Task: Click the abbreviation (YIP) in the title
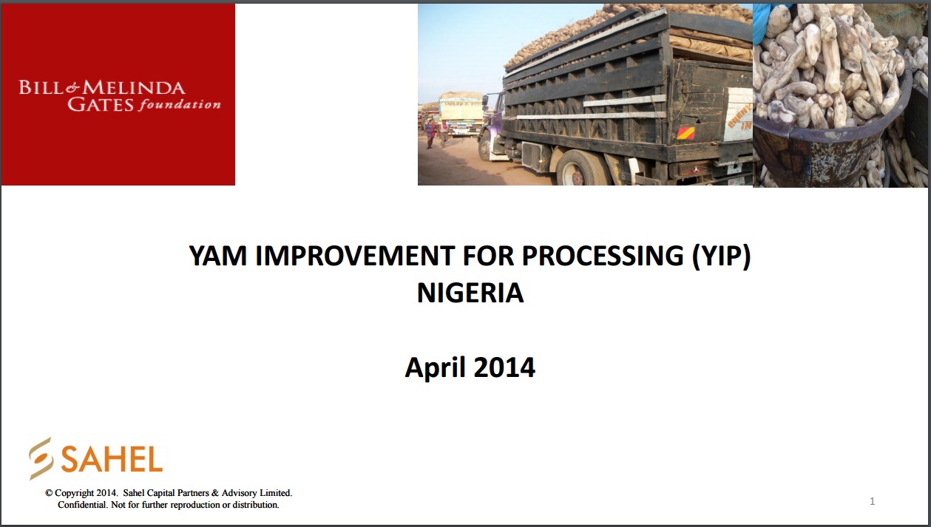[721, 256]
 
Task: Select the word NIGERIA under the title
[470, 293]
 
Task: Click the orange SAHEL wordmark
[111, 459]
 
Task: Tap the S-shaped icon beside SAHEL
[41, 458]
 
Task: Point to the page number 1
[872, 501]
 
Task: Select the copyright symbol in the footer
[49, 493]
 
